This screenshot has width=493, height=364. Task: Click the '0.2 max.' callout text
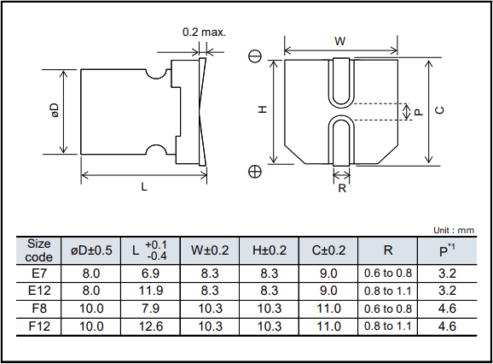pyautogui.click(x=204, y=32)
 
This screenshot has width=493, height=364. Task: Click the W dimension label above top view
pyautogui.click(x=339, y=41)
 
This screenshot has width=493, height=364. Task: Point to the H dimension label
pyautogui.click(x=263, y=109)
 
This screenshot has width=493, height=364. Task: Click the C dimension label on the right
pyautogui.click(x=439, y=109)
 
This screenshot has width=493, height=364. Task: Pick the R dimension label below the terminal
pyautogui.click(x=342, y=189)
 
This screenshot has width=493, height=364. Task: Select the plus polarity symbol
pyautogui.click(x=254, y=172)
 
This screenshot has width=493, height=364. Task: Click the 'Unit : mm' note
pyautogui.click(x=453, y=230)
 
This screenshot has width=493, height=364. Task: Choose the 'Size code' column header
pyautogui.click(x=39, y=250)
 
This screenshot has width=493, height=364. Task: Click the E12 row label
pyautogui.click(x=39, y=290)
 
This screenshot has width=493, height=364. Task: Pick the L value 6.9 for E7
pyautogui.click(x=151, y=273)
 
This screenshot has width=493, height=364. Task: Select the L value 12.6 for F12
pyautogui.click(x=151, y=326)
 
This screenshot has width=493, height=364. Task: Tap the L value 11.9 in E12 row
pyautogui.click(x=151, y=290)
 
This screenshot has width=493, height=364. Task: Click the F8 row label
pyautogui.click(x=39, y=308)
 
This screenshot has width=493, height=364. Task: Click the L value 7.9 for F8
pyautogui.click(x=151, y=308)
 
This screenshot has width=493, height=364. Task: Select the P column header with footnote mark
pyautogui.click(x=446, y=250)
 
